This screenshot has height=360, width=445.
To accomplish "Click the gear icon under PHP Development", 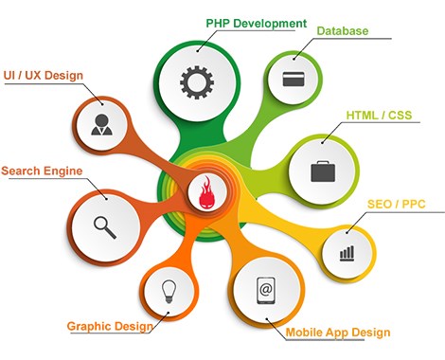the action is pyautogui.click(x=197, y=82).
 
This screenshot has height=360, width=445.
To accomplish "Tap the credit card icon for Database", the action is pyautogui.click(x=294, y=79).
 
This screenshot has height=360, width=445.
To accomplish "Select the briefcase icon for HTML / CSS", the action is pyautogui.click(x=323, y=171).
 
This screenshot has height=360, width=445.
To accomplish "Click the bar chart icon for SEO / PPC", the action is pyautogui.click(x=347, y=253).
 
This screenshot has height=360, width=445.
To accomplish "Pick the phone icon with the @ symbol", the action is pyautogui.click(x=266, y=290).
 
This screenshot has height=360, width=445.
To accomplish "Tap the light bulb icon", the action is pyautogui.click(x=169, y=292).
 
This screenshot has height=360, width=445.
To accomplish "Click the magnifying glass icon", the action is pyautogui.click(x=105, y=227).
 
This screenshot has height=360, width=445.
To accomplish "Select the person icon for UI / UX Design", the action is pyautogui.click(x=101, y=125).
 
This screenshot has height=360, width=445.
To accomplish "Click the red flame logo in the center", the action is pyautogui.click(x=207, y=192).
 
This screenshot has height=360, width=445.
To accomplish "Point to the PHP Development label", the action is pyautogui.click(x=257, y=24).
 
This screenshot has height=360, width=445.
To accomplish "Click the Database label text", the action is pyautogui.click(x=343, y=31).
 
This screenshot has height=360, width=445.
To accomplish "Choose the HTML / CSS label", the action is pyautogui.click(x=379, y=115).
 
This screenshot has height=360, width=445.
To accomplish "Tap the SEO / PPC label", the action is pyautogui.click(x=397, y=204).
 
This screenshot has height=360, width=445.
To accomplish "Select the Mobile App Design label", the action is pyautogui.click(x=338, y=333).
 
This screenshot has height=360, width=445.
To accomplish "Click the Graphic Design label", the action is pyautogui.click(x=110, y=326).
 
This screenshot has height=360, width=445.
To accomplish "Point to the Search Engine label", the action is pyautogui.click(x=42, y=171).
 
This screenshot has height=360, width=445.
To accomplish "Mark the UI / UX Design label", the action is pyautogui.click(x=44, y=76).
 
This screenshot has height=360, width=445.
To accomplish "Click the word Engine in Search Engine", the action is pyautogui.click(x=62, y=171).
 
